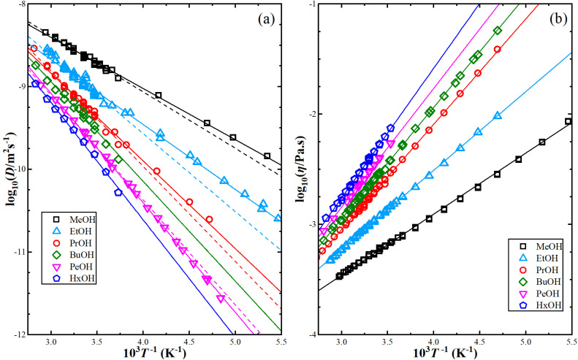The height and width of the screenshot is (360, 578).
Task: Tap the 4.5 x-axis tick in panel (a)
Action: (188, 342)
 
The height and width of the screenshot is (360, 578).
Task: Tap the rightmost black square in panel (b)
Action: (568, 121)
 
